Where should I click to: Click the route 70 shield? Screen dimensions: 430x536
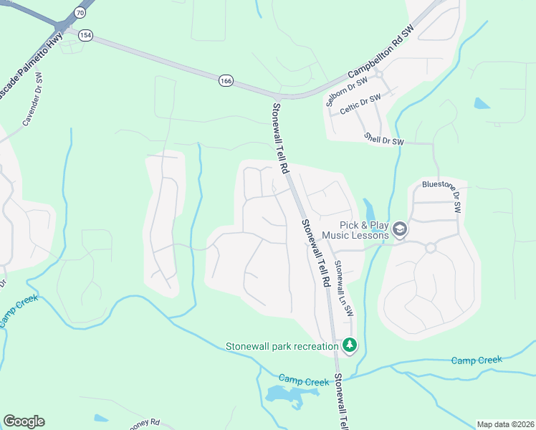(x=79, y=12)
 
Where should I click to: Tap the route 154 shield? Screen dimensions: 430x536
(x=86, y=37)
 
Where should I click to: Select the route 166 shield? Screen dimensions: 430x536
(x=226, y=82)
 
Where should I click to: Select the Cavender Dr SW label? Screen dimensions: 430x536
(x=33, y=107)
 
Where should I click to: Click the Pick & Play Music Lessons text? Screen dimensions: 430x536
(x=355, y=230)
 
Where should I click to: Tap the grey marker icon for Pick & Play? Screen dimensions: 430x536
(x=400, y=229)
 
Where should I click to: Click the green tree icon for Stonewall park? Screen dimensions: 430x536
(x=350, y=346)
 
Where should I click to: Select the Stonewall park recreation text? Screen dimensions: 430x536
(x=282, y=347)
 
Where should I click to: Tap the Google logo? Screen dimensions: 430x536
(x=24, y=421)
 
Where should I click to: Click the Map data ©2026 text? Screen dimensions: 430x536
(x=505, y=424)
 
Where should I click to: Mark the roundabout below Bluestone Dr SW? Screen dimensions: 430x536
(x=431, y=248)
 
